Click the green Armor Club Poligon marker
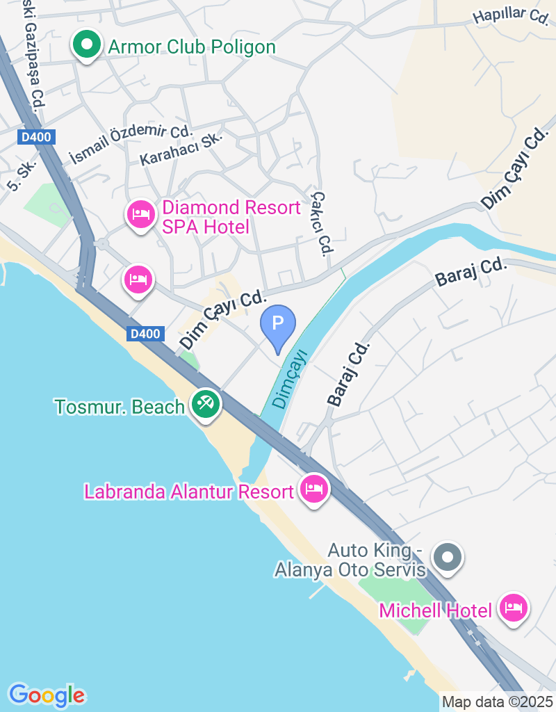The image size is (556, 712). coord(86,46)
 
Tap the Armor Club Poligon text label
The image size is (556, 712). coord(192,47)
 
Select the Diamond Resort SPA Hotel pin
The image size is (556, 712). coord(141,215)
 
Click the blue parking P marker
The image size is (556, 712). coord(278,325)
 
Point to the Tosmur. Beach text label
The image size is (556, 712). coord(120,407)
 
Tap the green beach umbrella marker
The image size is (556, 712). coord(205,404)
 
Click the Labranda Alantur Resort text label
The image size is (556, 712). coord(189,492)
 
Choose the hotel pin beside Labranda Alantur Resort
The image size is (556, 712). coord(314,488)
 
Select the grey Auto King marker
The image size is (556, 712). coord(448,556)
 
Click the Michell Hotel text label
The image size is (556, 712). coord(435,610)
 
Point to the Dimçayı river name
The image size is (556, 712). coord(291,380)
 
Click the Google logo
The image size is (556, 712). coord(47,695)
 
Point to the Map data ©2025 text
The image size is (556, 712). coord(497,702)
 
